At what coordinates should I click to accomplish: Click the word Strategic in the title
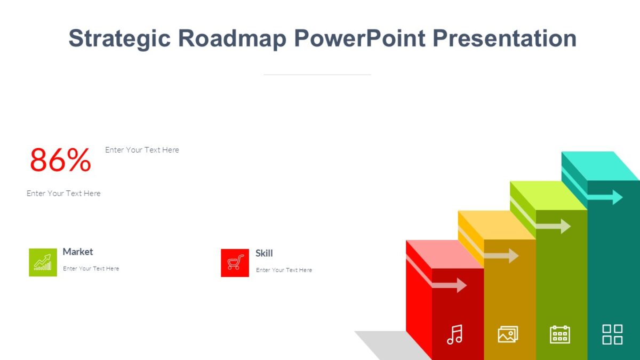click(119, 38)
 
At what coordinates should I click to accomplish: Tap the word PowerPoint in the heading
click(356, 38)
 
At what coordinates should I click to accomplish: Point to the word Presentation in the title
click(505, 38)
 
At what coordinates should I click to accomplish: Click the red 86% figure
click(60, 160)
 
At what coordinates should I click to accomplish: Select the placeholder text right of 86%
click(142, 150)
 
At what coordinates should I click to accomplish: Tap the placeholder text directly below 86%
click(63, 193)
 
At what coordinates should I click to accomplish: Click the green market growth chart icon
click(43, 262)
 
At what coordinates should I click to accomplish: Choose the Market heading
click(78, 252)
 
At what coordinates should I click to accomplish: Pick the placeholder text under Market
click(91, 269)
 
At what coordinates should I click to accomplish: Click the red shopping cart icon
click(235, 263)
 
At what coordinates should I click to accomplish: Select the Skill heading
click(264, 253)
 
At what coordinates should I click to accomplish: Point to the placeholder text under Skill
click(284, 270)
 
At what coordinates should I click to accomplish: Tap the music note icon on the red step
click(455, 334)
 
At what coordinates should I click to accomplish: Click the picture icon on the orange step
click(508, 334)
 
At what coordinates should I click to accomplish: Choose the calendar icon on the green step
click(560, 334)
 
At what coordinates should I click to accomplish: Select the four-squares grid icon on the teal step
click(612, 334)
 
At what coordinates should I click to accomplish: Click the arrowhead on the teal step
click(617, 197)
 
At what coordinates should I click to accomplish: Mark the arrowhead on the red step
click(461, 285)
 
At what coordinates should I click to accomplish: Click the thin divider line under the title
click(317, 75)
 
